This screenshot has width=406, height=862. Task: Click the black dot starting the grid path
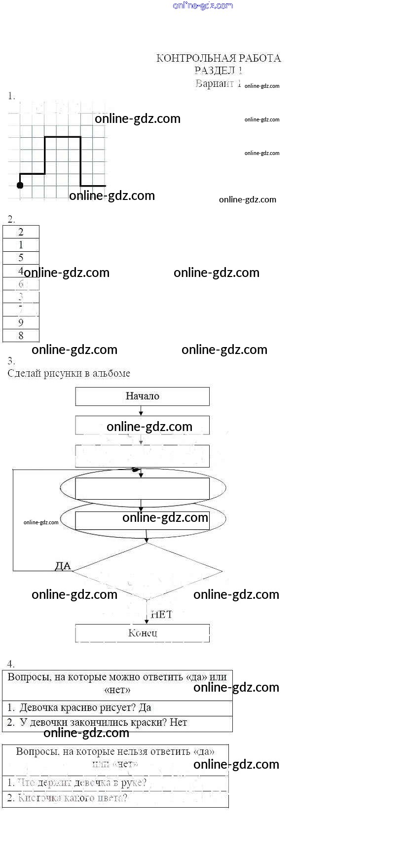click(20, 185)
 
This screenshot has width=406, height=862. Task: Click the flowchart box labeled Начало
click(142, 396)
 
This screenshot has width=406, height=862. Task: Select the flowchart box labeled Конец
click(142, 633)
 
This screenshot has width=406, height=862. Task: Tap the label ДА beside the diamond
click(63, 566)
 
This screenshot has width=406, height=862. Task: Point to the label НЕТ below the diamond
click(161, 614)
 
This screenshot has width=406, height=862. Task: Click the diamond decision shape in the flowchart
click(147, 571)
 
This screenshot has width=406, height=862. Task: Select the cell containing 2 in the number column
click(21, 232)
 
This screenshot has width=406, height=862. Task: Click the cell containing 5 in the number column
click(21, 258)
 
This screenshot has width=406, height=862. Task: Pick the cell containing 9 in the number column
click(21, 322)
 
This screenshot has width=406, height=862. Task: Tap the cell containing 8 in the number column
click(21, 336)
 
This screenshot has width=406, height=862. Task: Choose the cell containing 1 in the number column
click(21, 245)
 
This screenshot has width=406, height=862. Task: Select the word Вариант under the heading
click(214, 83)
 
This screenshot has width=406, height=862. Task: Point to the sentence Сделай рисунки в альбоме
click(69, 373)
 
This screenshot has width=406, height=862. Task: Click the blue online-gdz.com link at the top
click(203, 5)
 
